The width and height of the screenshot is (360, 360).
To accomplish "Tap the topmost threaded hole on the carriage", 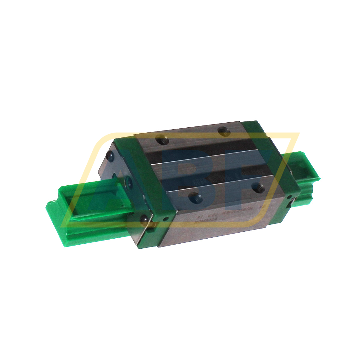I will coord(223,129).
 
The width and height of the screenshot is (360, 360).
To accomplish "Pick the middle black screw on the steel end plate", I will coord(128,181).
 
